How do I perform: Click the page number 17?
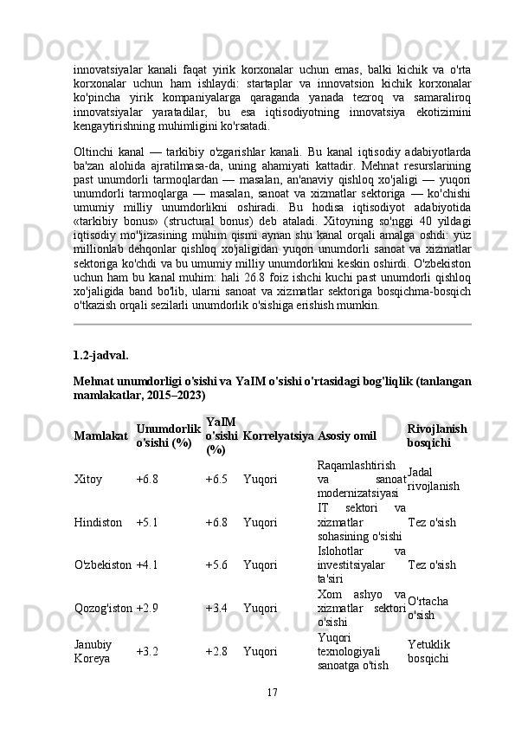tap(272, 692)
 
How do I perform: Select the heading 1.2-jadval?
tap(102, 354)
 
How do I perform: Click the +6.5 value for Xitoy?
tap(216, 478)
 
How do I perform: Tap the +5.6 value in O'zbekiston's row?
tap(216, 565)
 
